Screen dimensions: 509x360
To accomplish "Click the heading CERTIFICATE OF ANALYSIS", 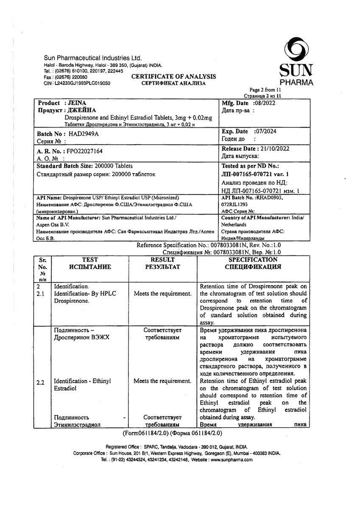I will (x=173, y=76).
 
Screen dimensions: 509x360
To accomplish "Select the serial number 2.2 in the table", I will (x=41, y=382).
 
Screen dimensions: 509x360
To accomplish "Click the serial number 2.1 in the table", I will (x=41, y=293).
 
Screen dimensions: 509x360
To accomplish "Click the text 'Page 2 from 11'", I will (x=265, y=90).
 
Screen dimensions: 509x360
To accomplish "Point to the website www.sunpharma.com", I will (x=232, y=460).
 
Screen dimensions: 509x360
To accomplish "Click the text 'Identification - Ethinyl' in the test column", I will (x=82, y=381).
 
